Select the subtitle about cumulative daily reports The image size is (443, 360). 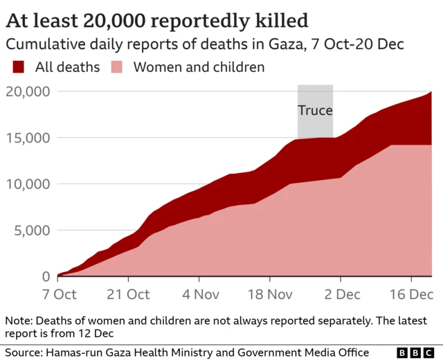click(204, 44)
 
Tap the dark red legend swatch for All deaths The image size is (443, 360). click(19, 67)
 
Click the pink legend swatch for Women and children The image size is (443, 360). click(118, 67)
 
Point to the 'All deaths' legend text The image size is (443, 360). click(68, 67)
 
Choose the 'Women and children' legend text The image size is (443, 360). click(199, 67)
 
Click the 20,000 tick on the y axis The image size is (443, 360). click(28, 91)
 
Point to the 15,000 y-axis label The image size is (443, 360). click(28, 138)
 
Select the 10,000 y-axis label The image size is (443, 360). click(28, 184)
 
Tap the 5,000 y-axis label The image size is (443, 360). click(31, 231)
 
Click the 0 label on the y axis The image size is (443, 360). click(44, 276)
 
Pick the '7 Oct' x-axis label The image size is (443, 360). click(59, 294)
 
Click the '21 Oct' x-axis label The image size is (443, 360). click(129, 294)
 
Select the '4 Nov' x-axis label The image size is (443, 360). click(199, 294)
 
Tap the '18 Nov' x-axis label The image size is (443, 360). click(270, 294)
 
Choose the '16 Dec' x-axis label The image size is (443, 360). click(411, 294)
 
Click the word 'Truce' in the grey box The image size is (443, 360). click(315, 110)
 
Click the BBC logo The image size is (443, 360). click(413, 352)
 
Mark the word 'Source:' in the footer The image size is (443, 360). click(24, 352)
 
